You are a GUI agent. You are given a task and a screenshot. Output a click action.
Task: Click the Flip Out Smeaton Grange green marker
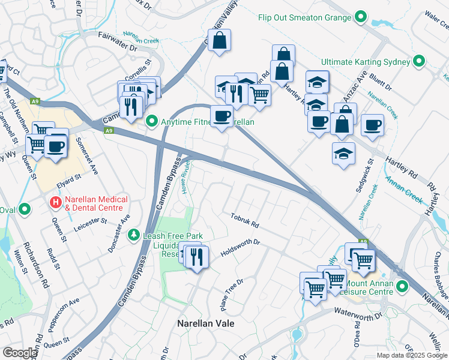(x=361, y=17)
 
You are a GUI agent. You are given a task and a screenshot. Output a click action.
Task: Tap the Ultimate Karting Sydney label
(x=365, y=62)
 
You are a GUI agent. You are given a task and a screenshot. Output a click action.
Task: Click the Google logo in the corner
(x=20, y=353)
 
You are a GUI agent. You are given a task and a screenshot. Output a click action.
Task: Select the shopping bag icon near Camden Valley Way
(x=220, y=41)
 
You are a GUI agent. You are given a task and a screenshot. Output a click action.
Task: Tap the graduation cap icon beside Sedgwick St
(x=343, y=152)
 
